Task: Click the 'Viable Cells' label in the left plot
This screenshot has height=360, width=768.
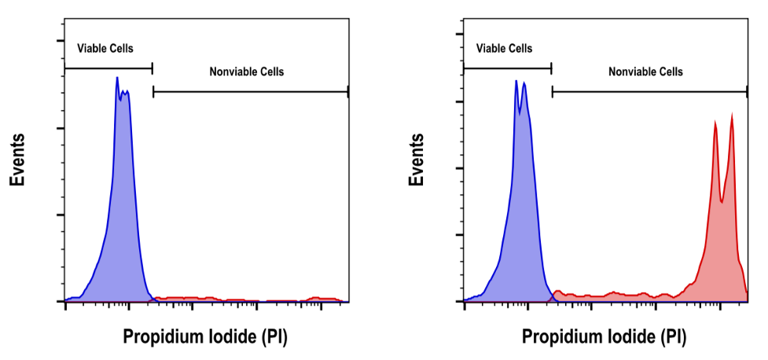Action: coord(105,49)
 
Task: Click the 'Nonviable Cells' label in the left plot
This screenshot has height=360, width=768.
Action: coord(246,72)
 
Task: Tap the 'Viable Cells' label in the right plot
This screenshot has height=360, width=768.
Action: coord(504,49)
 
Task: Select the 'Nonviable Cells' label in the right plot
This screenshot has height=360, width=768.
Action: coord(645,72)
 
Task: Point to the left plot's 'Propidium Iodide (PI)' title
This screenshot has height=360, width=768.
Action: coord(205,338)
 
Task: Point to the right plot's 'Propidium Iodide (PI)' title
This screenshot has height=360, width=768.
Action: coord(604,338)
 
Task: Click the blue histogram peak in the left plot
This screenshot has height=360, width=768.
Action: coord(117,79)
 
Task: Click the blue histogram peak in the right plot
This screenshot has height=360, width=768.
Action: coord(517,81)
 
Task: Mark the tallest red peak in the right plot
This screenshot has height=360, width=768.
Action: coord(732,116)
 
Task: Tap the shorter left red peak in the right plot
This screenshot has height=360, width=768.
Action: coord(715,123)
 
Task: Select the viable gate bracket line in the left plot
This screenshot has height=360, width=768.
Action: coord(108,68)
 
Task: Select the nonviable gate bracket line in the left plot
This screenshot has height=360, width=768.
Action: coord(250,92)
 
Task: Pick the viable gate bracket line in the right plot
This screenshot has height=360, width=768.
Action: coord(508,68)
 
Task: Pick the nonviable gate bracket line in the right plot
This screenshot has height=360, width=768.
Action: coord(649,92)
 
